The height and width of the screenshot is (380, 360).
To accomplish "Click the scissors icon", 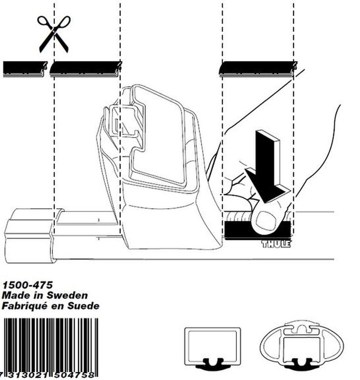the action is (53, 33).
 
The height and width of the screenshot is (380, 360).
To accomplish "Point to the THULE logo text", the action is (276, 244).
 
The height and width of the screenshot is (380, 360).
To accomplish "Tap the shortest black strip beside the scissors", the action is (24, 68).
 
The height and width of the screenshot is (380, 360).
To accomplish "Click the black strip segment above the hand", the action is (257, 68).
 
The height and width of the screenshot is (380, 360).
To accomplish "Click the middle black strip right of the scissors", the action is (85, 68).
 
